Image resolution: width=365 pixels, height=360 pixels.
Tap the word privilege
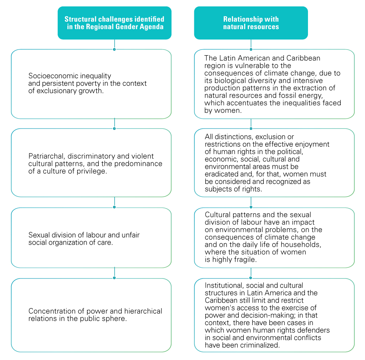click(x=93, y=171)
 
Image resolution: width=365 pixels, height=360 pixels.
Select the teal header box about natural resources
click(x=251, y=23)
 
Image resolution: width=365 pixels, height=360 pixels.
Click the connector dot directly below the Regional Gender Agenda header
click(x=114, y=49)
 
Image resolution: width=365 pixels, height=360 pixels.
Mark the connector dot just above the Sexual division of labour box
click(x=114, y=207)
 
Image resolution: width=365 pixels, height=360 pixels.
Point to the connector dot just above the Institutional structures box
click(x=251, y=278)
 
